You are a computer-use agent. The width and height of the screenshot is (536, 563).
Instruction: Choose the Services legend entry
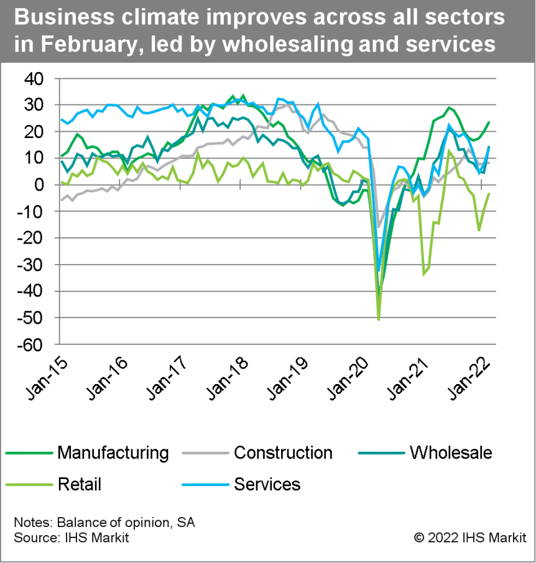[267, 483]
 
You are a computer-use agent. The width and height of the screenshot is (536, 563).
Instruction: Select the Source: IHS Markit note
[71, 537]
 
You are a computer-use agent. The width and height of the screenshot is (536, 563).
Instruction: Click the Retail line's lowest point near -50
[379, 319]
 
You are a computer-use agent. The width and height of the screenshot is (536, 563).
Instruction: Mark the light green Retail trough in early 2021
[424, 273]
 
